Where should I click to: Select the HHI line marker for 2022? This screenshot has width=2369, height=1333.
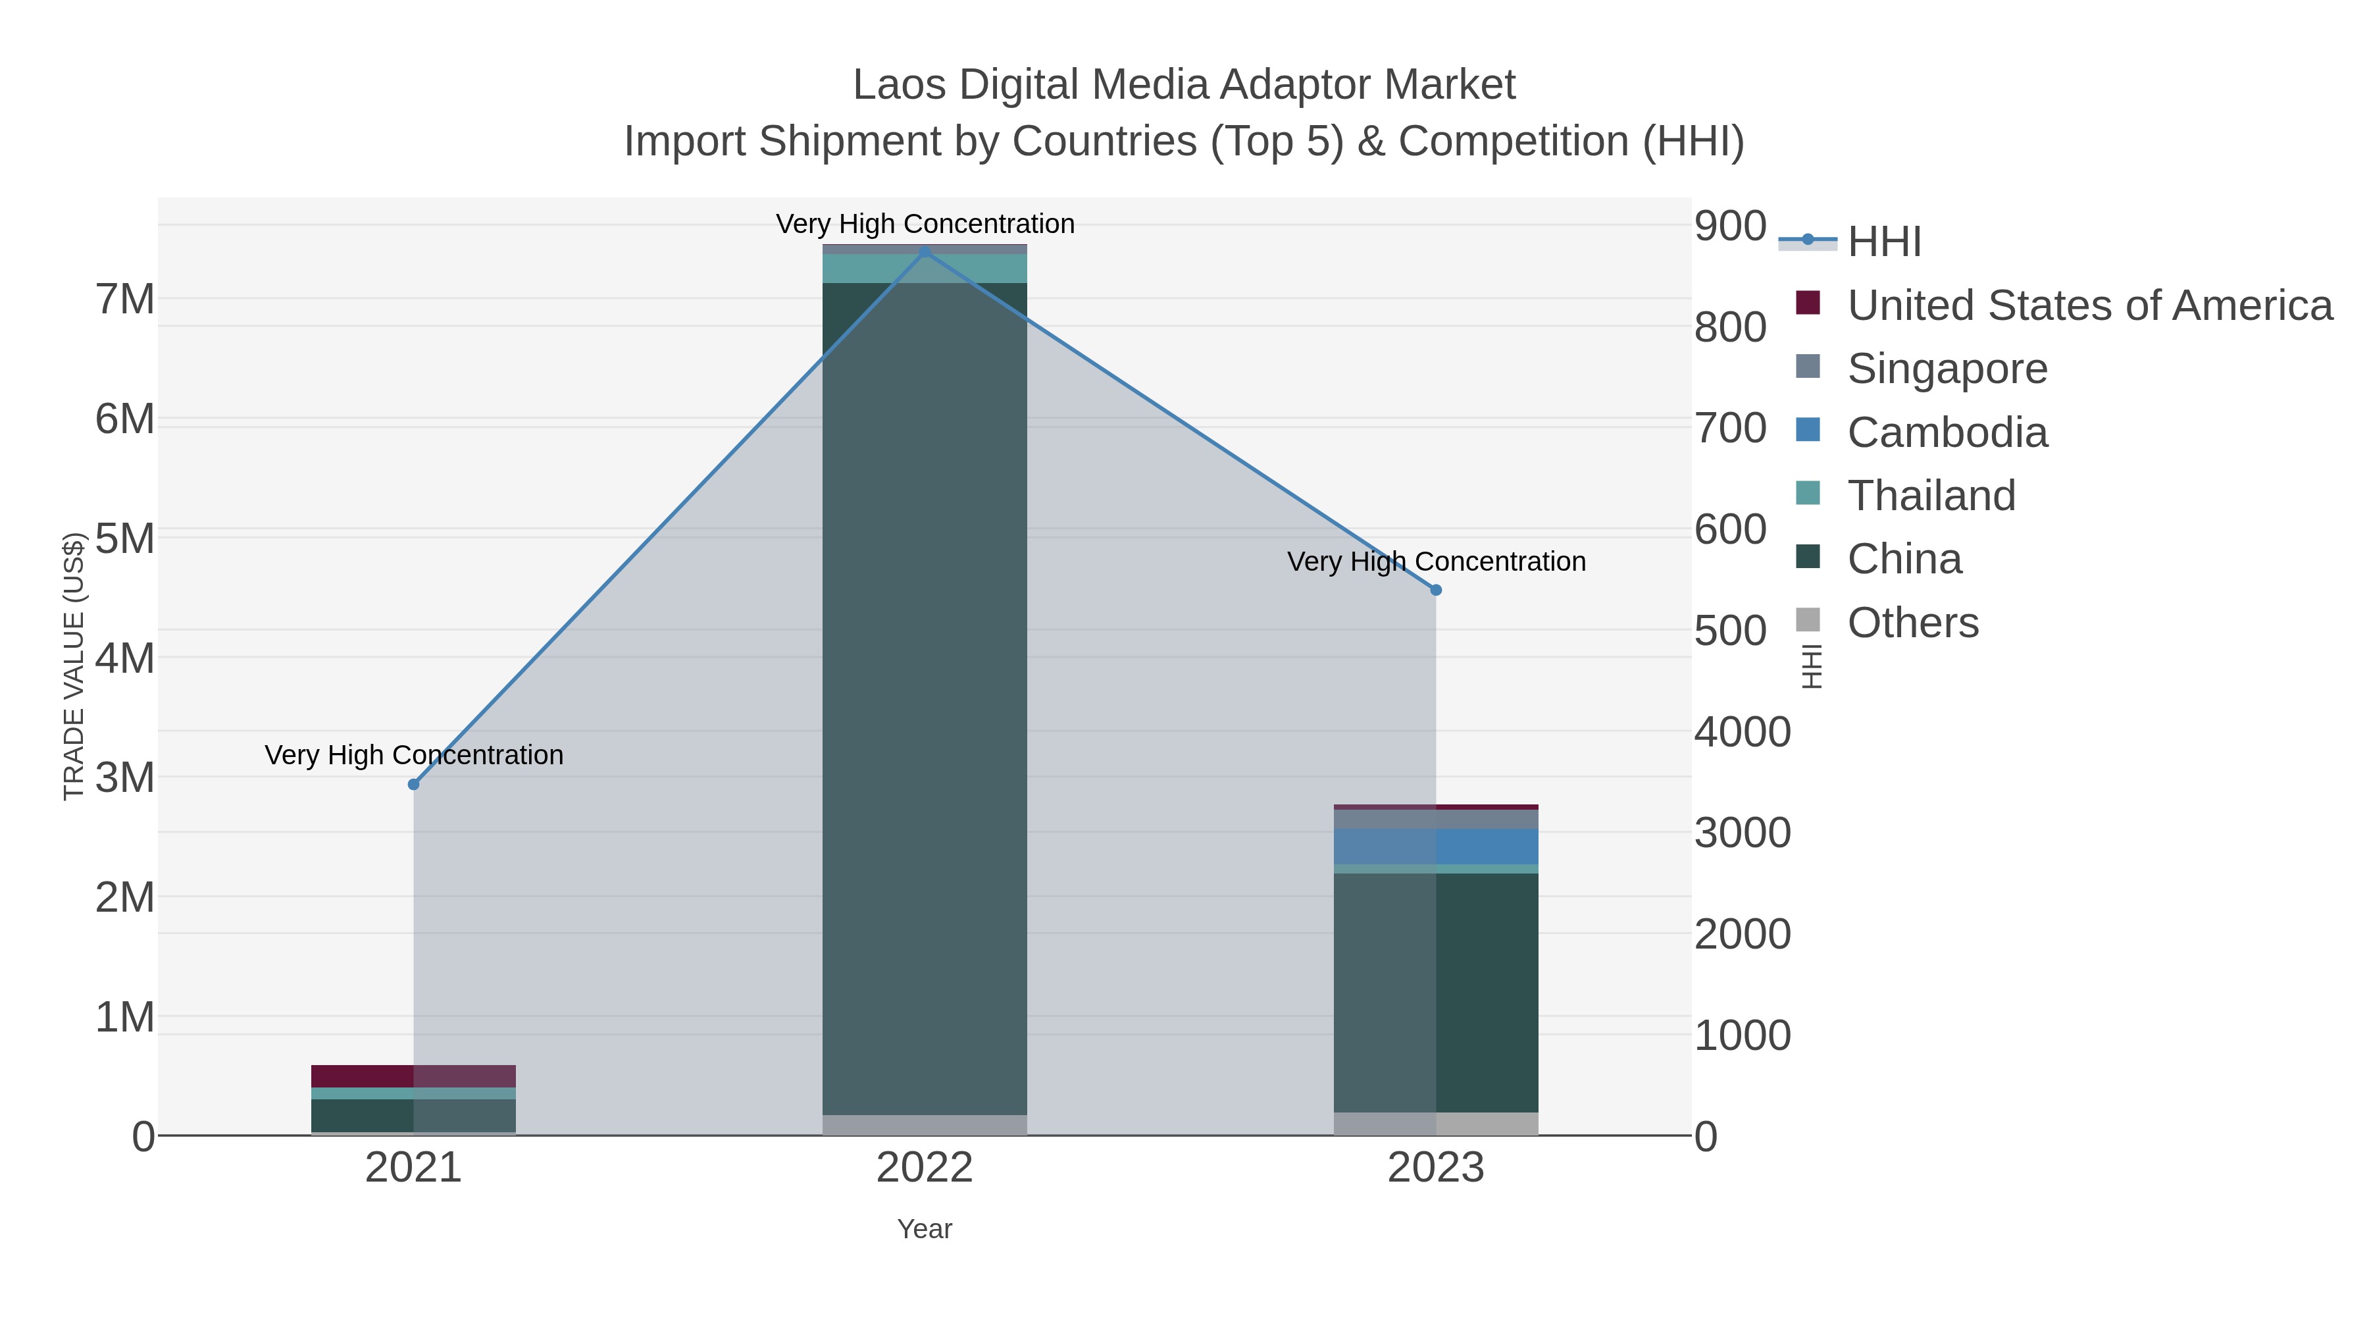925,252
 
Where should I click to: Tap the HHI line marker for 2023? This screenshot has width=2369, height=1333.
1436,590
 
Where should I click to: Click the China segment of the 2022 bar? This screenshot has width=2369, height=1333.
925,699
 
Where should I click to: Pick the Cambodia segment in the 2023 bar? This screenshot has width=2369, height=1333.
1436,847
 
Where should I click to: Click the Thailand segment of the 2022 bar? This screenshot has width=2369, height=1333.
925,269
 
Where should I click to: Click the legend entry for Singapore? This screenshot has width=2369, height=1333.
1947,369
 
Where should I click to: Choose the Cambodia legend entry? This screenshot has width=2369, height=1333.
1947,432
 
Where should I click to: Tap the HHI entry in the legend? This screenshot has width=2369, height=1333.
1883,242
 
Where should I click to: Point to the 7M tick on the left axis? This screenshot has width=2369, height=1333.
125,299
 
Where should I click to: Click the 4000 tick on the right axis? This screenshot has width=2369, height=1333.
1742,732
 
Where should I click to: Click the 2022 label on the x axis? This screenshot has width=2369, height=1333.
925,1168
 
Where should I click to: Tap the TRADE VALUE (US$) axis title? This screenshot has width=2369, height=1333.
74,666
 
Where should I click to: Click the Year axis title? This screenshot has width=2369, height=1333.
925,1229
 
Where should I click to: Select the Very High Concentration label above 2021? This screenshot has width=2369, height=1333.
414,755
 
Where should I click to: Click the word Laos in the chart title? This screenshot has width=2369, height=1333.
898,85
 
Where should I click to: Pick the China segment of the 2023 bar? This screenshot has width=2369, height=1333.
1436,993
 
